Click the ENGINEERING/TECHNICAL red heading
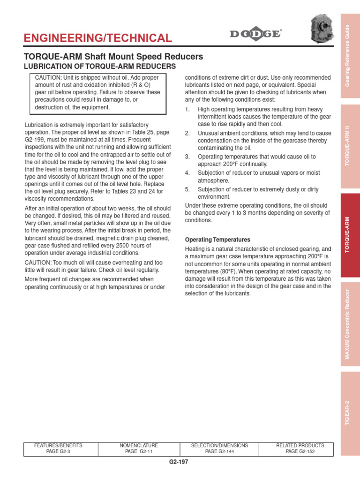(x=98, y=38)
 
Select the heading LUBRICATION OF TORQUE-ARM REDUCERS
(x=100, y=67)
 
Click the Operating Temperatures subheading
(x=218, y=240)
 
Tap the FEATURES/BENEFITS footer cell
(x=61, y=449)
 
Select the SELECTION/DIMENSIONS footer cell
(x=220, y=449)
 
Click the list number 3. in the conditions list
(x=187, y=157)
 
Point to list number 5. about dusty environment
(x=187, y=189)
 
